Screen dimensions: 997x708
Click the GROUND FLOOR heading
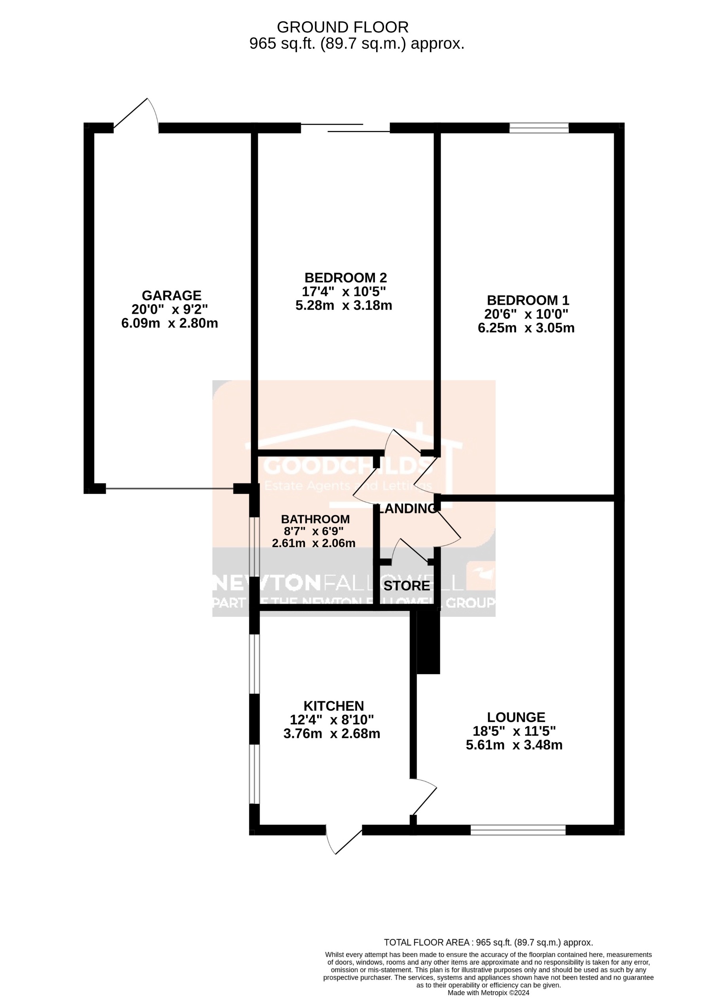(343, 27)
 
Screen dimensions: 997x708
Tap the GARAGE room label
(171, 295)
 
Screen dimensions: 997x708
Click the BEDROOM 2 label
(345, 277)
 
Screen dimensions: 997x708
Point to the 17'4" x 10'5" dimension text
(344, 291)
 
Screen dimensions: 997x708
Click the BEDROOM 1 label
(528, 300)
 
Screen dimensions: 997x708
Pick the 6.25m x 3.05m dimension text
(526, 328)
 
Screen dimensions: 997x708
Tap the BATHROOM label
(315, 519)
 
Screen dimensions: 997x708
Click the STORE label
(406, 586)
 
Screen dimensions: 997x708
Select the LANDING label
(407, 508)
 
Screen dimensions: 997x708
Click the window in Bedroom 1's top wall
(539, 128)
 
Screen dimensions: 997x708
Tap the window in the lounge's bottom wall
(518, 830)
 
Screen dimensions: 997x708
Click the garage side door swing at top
(136, 114)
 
